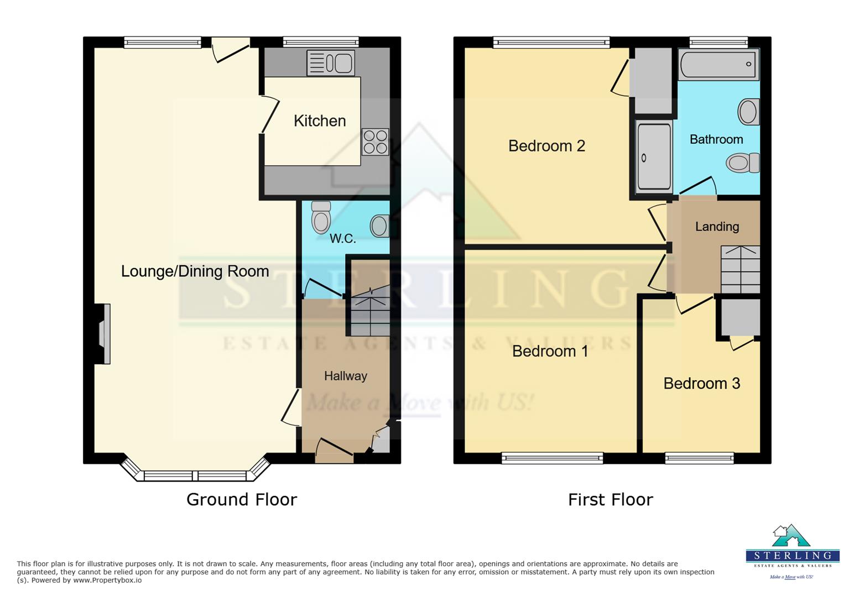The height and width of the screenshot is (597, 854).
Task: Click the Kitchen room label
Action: click(320, 121)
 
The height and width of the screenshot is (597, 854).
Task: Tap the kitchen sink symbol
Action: click(331, 63)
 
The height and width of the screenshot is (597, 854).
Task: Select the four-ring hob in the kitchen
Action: click(376, 142)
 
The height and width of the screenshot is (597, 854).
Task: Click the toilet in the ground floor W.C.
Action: click(321, 217)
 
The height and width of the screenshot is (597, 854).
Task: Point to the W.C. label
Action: click(342, 239)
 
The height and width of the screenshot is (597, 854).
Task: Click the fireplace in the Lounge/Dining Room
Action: click(103, 334)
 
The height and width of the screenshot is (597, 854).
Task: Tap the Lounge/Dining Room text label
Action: click(195, 271)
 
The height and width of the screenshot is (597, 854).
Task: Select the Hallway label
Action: click(345, 376)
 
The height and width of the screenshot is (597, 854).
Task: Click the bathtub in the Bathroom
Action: click(718, 64)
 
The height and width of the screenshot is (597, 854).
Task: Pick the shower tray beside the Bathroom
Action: click(653, 157)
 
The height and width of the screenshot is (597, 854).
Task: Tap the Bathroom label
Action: click(716, 139)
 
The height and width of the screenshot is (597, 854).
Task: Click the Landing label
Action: click(717, 227)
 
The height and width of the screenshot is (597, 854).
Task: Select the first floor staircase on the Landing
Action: click(740, 270)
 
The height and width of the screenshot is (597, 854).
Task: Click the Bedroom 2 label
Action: click(546, 146)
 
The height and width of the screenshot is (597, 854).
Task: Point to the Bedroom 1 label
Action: click(550, 351)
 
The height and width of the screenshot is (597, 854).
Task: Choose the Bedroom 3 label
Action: click(701, 384)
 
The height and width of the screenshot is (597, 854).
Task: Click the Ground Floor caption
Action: click(242, 500)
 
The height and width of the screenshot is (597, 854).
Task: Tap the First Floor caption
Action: click(610, 500)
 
